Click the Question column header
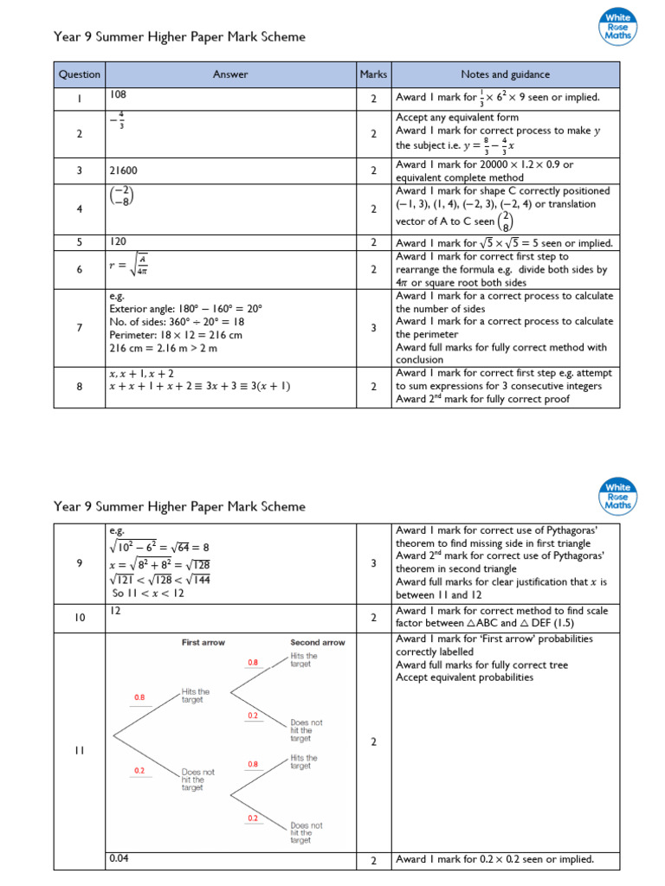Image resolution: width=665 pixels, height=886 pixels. point(79,74)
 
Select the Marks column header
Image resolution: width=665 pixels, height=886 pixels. point(373,74)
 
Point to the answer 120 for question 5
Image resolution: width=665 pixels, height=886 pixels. point(118,243)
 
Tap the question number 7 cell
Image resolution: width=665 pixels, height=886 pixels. point(79,328)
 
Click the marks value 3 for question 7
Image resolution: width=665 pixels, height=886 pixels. point(373,328)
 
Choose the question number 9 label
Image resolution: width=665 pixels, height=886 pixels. point(79,563)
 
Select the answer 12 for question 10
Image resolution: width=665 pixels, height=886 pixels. point(114,611)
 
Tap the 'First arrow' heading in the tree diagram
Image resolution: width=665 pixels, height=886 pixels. point(203,643)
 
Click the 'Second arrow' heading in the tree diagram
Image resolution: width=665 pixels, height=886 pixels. point(317,643)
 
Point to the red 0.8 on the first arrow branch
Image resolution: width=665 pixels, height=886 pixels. point(139,697)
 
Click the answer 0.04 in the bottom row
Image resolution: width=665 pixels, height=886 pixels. point(119,858)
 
